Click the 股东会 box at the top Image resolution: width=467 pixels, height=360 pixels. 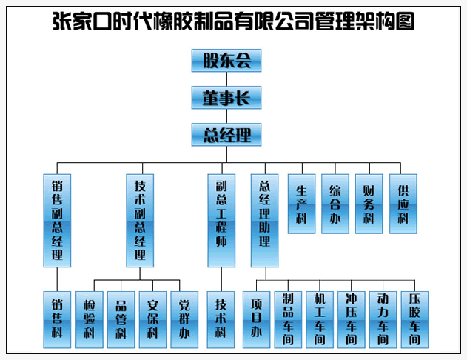point(226,61)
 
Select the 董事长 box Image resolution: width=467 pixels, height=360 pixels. point(226,97)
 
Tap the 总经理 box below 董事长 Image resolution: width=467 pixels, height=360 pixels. point(226,134)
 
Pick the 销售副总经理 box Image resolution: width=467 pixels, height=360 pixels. point(57,220)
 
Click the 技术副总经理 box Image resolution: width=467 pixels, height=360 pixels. point(140,220)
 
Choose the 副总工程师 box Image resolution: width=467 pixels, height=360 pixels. point(221,220)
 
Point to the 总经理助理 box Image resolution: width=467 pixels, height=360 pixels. point(264,220)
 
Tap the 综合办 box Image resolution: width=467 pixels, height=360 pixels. point(335,204)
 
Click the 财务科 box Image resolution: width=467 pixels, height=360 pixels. point(369,204)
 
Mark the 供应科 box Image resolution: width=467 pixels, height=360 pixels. point(403,204)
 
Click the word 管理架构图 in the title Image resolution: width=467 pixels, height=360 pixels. point(362,22)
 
